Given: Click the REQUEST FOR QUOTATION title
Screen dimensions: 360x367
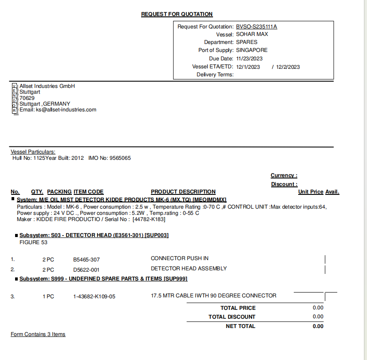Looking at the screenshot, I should point(177,14).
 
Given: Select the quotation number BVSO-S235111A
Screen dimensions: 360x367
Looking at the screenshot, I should point(257,27).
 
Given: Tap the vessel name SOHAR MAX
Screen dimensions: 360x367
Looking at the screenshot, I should point(252,34).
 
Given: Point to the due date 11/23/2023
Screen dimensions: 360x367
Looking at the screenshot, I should point(249,59).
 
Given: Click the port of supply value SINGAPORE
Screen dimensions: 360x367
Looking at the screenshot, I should point(252,50).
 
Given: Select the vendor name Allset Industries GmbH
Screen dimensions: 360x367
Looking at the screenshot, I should point(47,86).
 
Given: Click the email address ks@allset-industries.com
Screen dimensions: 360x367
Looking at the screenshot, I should point(66,110).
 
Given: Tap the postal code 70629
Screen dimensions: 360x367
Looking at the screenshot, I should point(27,98).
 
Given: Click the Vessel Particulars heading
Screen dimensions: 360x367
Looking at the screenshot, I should point(33,152).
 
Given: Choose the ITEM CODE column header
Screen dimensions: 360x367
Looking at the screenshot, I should point(88,192).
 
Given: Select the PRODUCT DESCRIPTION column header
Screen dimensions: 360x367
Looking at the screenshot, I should point(183,192).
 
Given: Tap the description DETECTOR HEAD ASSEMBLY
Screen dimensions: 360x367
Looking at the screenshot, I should point(189,269).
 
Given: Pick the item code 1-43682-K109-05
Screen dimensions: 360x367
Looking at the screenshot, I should point(94,297).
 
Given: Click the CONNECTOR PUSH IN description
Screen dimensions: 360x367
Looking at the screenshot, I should point(180,258).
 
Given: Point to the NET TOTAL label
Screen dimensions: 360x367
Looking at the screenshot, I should point(241,326).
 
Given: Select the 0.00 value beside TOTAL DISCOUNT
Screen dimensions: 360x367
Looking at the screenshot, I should point(318,317).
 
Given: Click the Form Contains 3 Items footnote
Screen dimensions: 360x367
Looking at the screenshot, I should point(38,334).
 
